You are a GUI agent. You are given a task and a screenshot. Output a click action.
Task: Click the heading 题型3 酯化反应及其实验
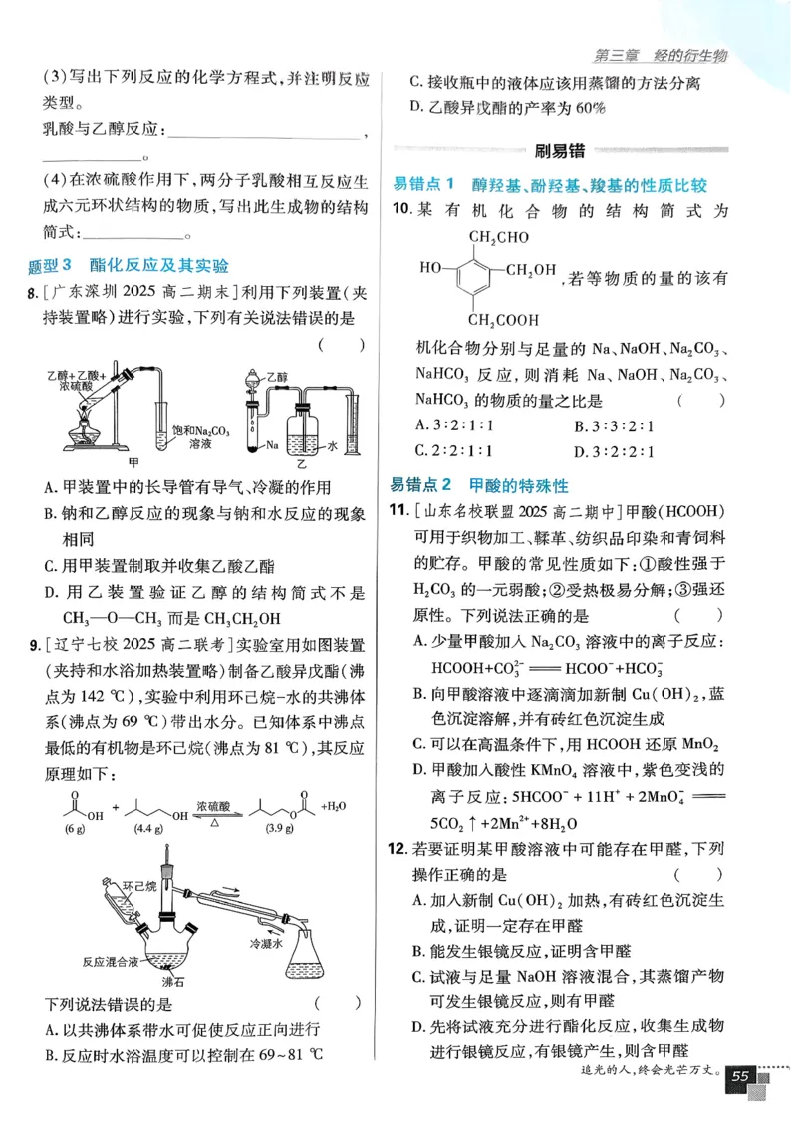(x=130, y=265)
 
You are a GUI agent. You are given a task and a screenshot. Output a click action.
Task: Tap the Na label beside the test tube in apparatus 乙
(x=271, y=446)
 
